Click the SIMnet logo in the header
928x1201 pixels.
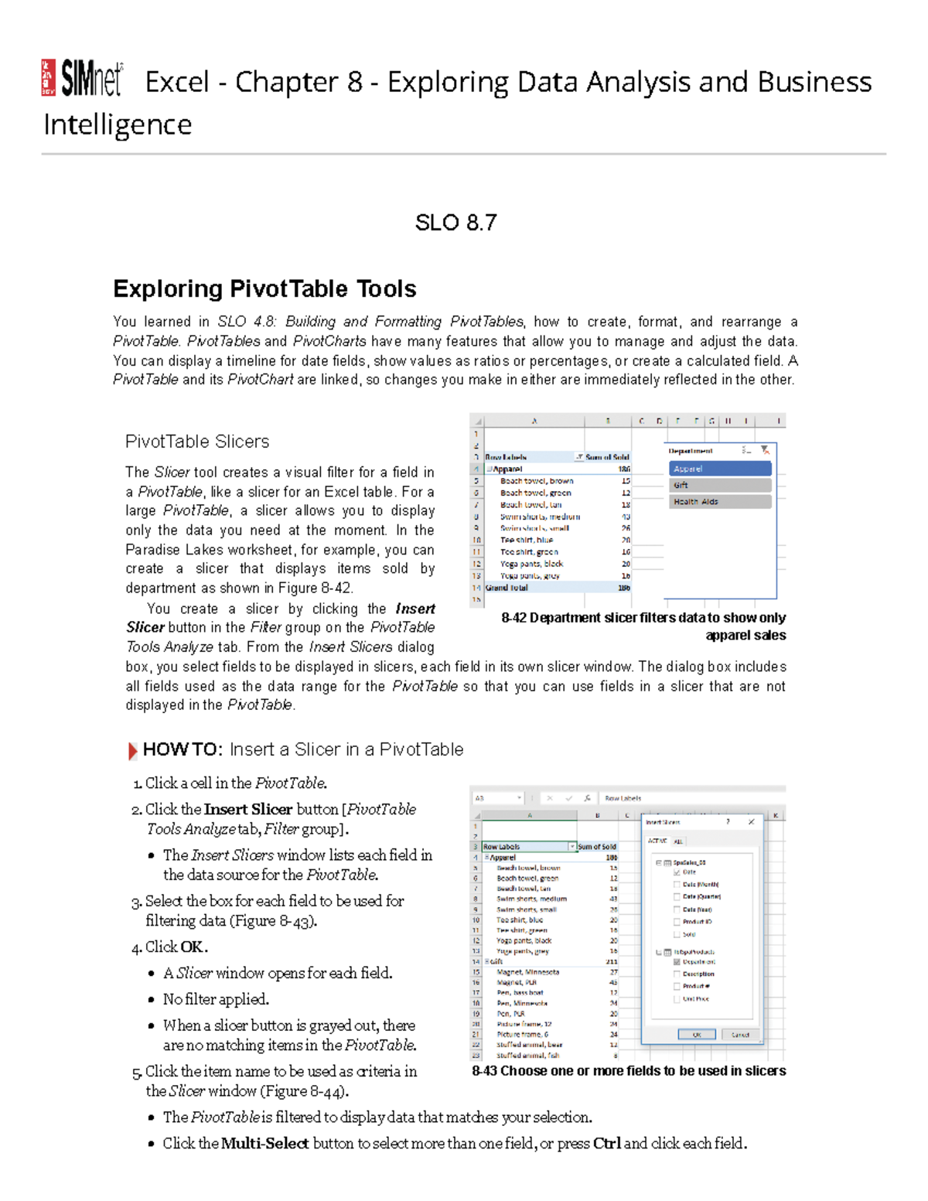coord(82,78)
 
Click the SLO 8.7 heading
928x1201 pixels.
coord(455,223)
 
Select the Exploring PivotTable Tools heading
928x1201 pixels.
coord(264,288)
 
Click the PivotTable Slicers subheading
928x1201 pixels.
coord(197,442)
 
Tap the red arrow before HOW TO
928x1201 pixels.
coord(132,750)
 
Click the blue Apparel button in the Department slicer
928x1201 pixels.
coord(720,469)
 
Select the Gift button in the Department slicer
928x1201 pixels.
coord(720,485)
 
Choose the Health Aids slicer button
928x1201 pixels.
coord(720,502)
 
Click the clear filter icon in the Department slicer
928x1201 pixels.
coord(765,450)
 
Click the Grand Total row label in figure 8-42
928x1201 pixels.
coord(507,588)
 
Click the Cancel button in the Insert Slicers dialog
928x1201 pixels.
coord(740,1035)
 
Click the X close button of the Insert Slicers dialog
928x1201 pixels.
coord(751,822)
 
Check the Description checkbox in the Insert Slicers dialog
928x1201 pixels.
coord(677,974)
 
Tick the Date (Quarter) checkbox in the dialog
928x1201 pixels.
coord(677,897)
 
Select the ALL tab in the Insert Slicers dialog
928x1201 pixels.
coord(678,841)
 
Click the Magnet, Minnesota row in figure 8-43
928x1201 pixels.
coord(527,972)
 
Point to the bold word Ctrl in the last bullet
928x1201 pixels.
coord(607,1143)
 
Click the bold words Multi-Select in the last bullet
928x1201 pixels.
coord(264,1143)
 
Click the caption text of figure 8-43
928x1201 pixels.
coord(629,1071)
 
